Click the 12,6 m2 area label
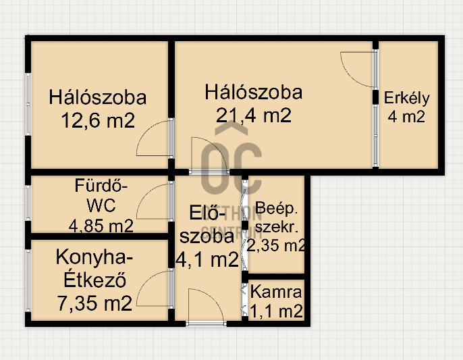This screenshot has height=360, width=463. click(98, 120)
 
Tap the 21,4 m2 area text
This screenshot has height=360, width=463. click(254, 115)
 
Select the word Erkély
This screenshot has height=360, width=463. click(406, 99)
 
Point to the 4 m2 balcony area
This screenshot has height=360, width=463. click(406, 116)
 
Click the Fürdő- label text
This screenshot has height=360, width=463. click(101, 186)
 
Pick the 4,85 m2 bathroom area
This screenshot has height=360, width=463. click(101, 226)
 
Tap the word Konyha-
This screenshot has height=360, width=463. click(94, 257)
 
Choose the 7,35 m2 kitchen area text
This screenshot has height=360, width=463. click(94, 303)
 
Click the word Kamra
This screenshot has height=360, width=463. click(276, 292)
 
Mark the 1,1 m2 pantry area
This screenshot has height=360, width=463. click(277, 311)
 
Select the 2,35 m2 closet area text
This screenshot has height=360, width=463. click(276, 245)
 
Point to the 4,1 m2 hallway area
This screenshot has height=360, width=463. click(207, 259)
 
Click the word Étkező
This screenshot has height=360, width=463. click(95, 280)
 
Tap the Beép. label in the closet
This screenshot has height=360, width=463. click(276, 209)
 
